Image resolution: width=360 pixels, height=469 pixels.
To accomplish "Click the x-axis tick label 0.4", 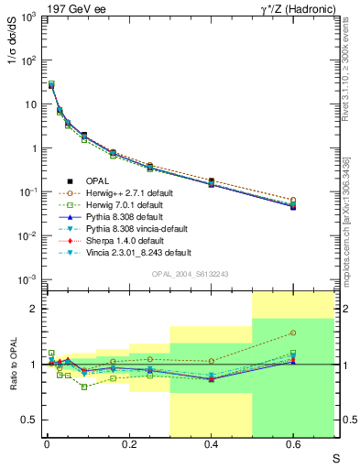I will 213,443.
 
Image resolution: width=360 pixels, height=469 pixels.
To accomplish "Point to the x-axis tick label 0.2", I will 129,443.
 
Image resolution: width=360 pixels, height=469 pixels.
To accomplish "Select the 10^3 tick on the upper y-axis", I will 27,16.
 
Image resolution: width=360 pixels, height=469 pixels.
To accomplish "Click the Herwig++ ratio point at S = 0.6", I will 293,333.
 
